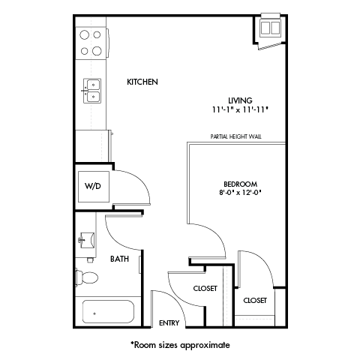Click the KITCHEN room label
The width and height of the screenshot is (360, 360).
142,82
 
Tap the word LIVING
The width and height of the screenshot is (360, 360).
239,100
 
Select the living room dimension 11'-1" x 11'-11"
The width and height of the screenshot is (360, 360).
239,109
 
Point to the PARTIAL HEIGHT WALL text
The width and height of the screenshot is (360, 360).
236,138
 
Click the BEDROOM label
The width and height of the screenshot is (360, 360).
240,184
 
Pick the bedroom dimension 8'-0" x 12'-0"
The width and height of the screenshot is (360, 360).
240,193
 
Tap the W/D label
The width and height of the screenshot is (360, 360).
92,186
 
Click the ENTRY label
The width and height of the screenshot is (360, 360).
169,323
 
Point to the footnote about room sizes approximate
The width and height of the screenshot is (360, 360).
180,345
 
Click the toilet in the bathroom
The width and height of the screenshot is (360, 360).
87,277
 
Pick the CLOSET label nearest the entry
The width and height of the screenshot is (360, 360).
205,287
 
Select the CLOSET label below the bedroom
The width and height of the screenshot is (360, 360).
255,300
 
